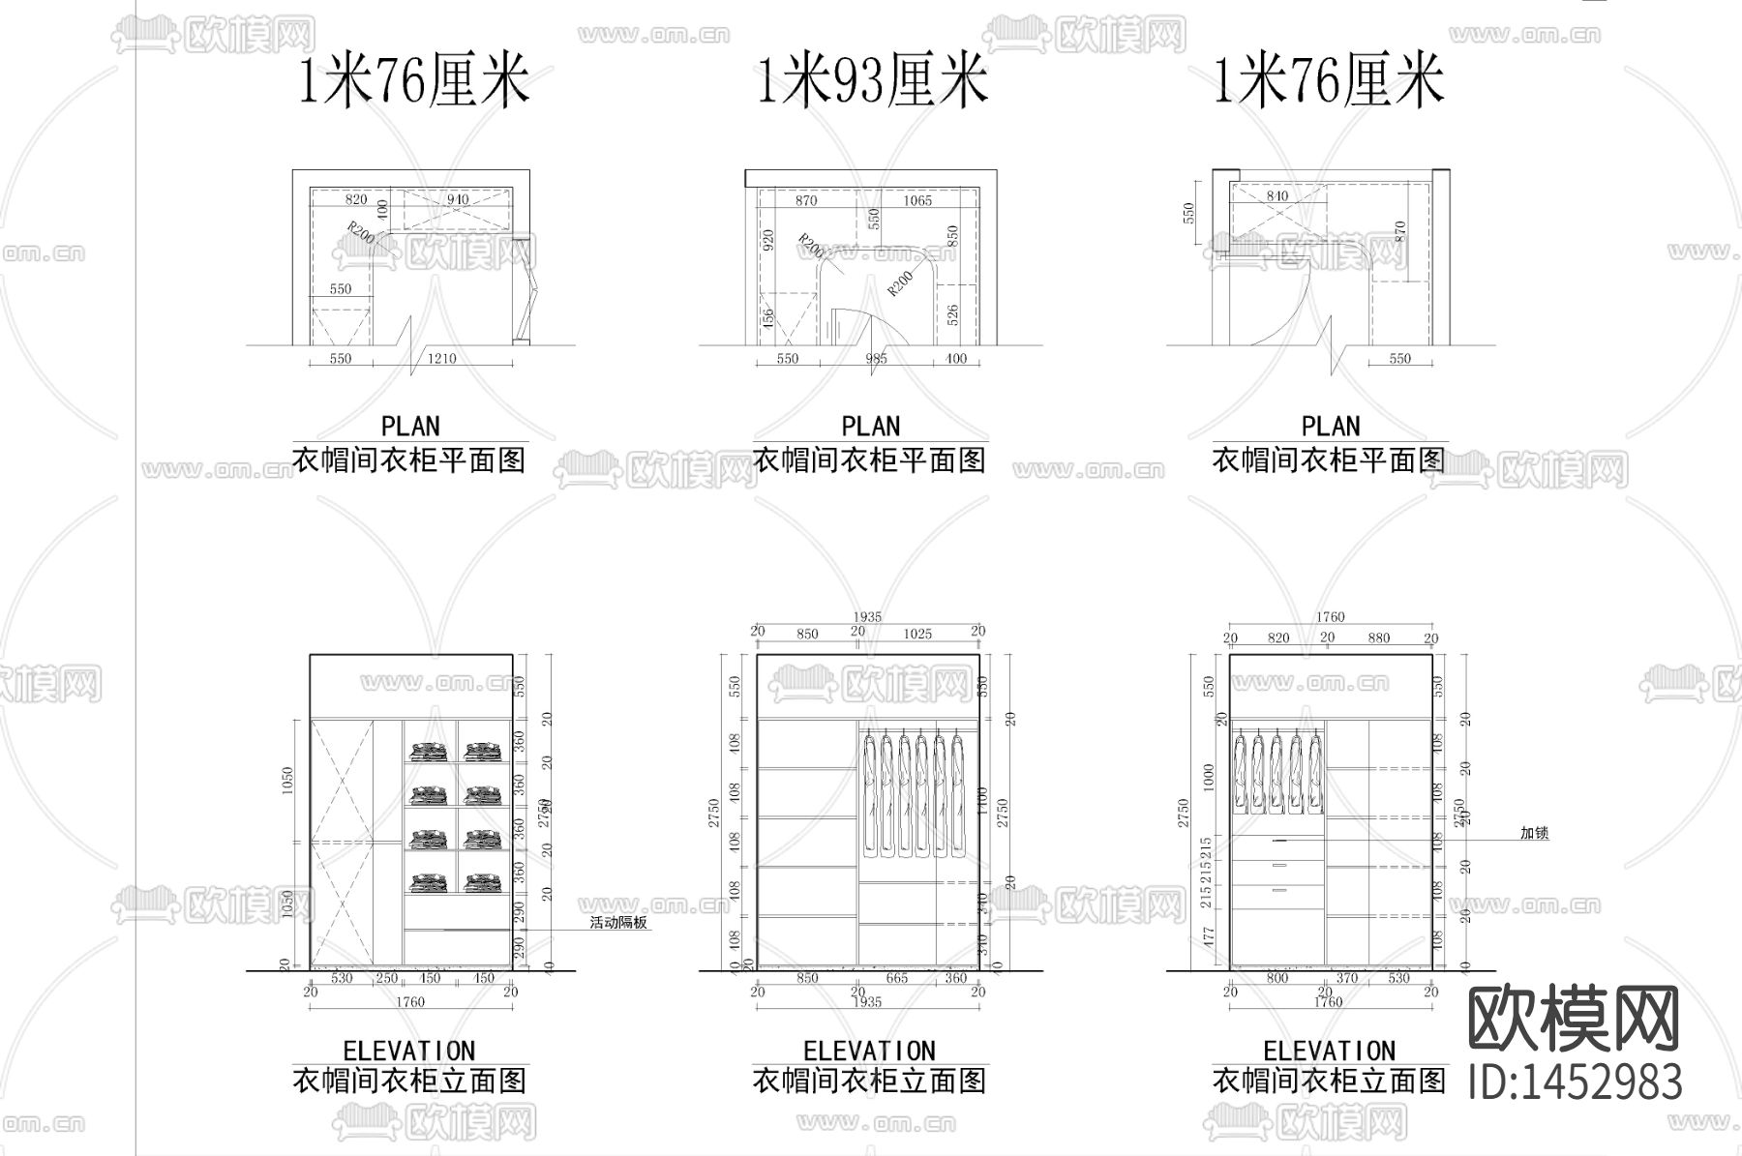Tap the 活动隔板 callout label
pos(618,923)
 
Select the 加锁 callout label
pos(1535,832)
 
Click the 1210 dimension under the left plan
pos(441,359)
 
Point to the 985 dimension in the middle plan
pos(876,359)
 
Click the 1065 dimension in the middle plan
pos(917,200)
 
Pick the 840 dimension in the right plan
pos(1276,196)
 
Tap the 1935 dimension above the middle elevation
pos(867,617)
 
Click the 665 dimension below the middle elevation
pos(896,978)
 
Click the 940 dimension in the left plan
pos(457,200)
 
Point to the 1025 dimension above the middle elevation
pos(917,634)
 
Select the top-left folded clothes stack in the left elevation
pos(429,751)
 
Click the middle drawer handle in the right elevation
pos(1279,865)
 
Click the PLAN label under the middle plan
pos(871,427)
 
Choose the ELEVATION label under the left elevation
pos(409,1052)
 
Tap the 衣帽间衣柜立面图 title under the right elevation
pos(1330,1081)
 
